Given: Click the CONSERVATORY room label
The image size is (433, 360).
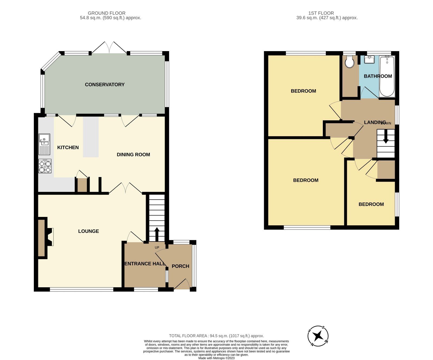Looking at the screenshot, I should point(104,85).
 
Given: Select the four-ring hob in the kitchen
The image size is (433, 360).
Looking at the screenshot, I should point(45,166).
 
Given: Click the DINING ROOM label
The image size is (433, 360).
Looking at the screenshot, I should point(133,154).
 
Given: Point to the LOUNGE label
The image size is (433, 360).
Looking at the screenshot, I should point(88,231).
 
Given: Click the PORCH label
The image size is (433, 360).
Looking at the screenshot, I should point(180,266).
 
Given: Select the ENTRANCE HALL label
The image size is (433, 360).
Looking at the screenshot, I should point(145,264).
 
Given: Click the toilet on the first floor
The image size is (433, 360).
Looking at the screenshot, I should point(349,62).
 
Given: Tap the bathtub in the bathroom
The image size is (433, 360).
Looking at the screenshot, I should point(387,76).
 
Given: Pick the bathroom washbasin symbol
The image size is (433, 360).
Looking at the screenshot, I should point(369,59).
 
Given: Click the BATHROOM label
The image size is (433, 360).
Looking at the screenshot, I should point(378,76).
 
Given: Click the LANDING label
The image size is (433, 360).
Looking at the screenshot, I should point(375,123).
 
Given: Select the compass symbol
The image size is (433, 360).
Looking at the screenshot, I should point(318,336).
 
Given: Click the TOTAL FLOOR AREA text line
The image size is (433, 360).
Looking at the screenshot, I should point(216,336).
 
